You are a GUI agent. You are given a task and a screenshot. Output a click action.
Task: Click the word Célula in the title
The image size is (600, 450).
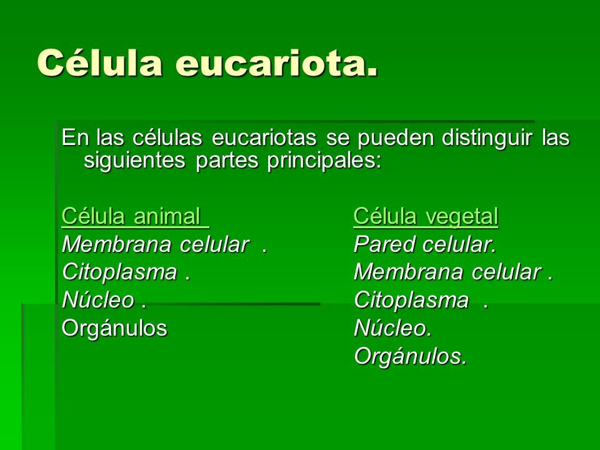point(99,62)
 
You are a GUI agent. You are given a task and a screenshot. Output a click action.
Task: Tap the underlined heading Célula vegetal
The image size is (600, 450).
point(426,216)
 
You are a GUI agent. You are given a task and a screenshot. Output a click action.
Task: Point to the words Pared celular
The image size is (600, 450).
point(425,244)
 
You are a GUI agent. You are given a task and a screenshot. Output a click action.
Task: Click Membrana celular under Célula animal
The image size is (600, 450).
point(156,244)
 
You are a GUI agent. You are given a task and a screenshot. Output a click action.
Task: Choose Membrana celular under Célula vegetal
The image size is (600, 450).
point(447,272)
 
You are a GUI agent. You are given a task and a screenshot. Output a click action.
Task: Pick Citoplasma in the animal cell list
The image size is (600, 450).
point(119,272)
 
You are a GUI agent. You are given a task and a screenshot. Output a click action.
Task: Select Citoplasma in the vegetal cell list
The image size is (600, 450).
point(411,301)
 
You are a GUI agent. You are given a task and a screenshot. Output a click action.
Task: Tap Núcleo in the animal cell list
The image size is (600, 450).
point(98,300)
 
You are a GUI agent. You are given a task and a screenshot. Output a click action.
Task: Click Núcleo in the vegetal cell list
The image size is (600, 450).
point(392,328)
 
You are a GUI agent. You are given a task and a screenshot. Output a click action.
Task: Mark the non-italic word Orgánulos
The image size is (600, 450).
point(114,328)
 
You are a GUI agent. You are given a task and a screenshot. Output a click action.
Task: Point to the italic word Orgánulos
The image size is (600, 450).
point(410,356)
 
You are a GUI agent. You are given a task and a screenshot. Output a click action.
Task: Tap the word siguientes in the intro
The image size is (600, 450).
point(134,161)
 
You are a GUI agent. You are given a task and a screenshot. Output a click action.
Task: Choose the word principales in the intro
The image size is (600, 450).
point(324,161)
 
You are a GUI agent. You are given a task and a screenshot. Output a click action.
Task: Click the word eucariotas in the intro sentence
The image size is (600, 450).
point(264,137)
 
